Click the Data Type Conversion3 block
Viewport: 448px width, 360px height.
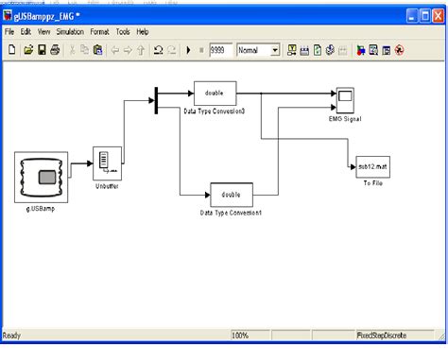pyautogui.click(x=215, y=94)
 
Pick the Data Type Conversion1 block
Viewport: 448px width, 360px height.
pyautogui.click(x=231, y=194)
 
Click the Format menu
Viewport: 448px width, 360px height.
pyautogui.click(x=112, y=31)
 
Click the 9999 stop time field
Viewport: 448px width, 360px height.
pyautogui.click(x=221, y=49)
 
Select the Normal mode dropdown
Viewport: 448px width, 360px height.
pyautogui.click(x=258, y=49)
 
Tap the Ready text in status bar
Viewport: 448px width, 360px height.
pyautogui.click(x=12, y=335)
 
